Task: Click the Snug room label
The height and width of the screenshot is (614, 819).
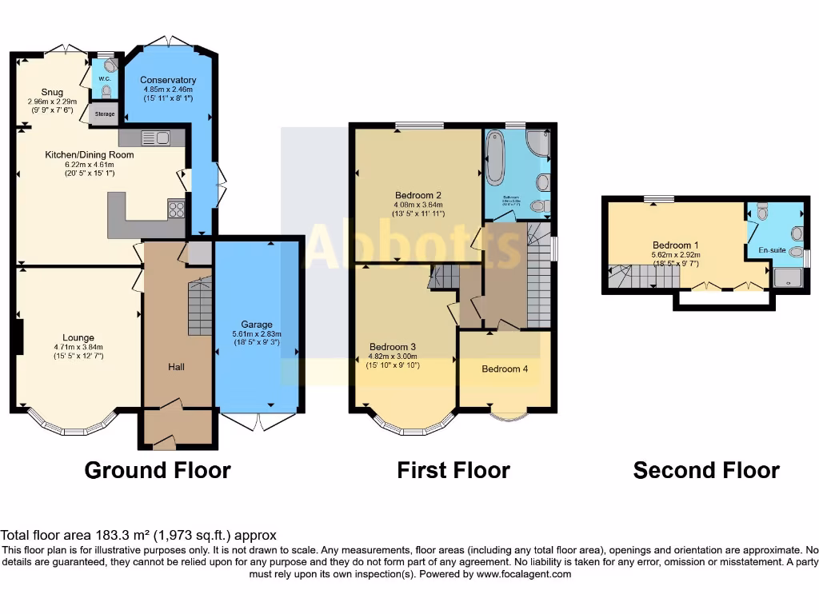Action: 52,93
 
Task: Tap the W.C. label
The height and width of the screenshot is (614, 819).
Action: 104,78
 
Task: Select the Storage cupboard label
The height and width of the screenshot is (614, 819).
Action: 105,114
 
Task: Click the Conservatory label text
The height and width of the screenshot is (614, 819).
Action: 168,80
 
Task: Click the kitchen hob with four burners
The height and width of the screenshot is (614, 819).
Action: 177,209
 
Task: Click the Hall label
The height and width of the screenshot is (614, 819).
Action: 177,366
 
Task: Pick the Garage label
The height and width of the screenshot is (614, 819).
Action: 258,325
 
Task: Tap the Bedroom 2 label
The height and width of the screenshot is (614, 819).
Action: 418,194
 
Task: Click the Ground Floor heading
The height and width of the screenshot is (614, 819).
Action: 158,470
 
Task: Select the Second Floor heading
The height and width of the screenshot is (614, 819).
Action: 706,470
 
